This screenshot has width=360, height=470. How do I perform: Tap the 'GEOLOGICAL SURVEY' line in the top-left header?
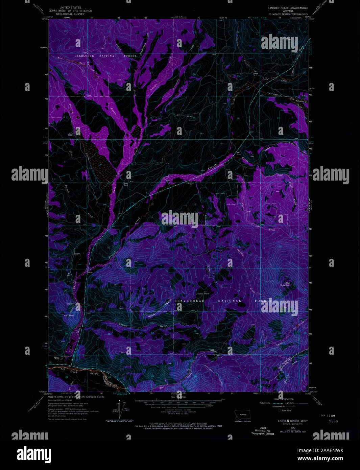point(70,14)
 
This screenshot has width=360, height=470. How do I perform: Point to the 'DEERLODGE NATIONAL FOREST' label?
point(105,56)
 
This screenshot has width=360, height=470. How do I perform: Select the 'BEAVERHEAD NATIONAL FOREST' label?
point(223,301)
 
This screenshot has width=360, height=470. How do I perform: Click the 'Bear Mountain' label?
point(285,284)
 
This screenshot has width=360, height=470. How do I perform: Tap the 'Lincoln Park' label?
point(202,293)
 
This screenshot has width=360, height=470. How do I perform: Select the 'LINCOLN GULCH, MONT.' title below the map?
point(293,421)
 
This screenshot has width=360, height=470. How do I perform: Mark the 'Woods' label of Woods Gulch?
point(151,316)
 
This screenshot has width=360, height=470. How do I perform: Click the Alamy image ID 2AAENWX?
point(324,450)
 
